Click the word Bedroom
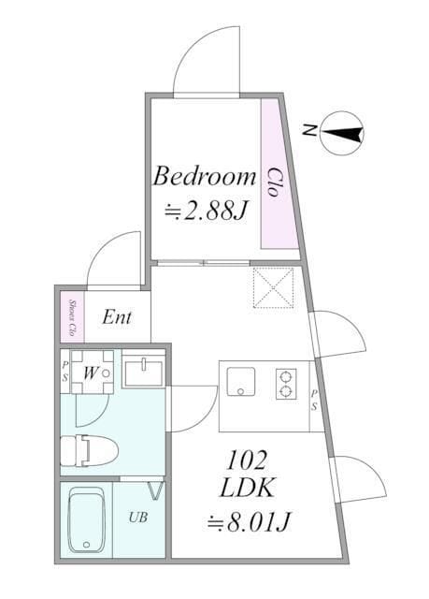click(205, 176)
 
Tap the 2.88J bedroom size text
click(207, 210)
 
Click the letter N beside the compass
click(308, 131)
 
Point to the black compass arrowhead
click(343, 133)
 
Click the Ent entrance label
click(117, 317)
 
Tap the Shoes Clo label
click(71, 317)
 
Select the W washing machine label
click(91, 373)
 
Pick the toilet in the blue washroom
click(90, 451)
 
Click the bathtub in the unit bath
click(87, 519)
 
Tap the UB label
click(138, 518)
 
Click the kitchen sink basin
click(240, 382)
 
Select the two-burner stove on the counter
click(286, 384)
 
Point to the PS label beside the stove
click(314, 400)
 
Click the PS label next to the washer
click(65, 372)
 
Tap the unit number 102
click(246, 460)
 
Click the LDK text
click(248, 488)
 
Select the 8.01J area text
click(249, 521)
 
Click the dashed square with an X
click(274, 287)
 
